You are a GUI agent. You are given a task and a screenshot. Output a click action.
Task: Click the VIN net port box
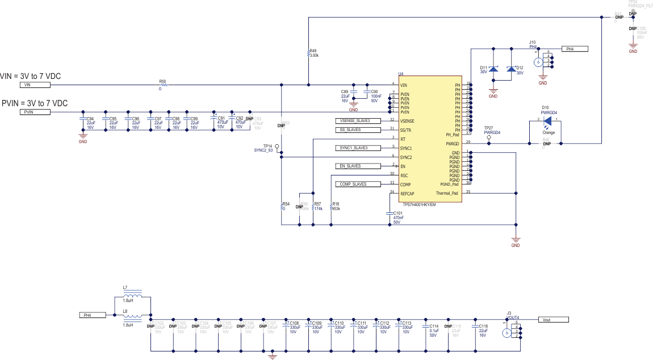coord(35,85)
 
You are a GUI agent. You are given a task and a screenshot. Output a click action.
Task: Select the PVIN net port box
coord(35,112)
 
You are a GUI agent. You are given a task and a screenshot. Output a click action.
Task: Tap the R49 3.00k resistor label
coord(313,53)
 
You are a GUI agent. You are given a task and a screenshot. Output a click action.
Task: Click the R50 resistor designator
coord(162,82)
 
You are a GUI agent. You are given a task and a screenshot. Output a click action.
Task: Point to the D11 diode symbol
coord(493,69)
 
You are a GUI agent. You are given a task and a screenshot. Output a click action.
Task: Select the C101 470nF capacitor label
coord(399,217)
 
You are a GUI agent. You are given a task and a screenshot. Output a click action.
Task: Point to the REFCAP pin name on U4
coord(408,194)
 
